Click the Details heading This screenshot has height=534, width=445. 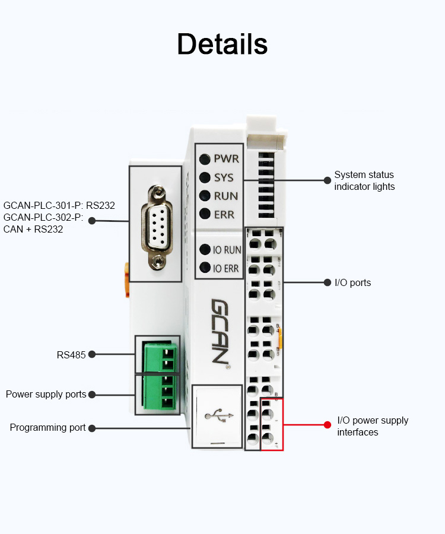click(222, 44)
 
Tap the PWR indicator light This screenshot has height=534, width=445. click(205, 159)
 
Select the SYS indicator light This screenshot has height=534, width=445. click(205, 177)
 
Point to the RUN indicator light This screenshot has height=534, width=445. click(205, 196)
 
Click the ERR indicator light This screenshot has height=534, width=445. click(205, 214)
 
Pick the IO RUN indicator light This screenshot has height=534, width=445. click(205, 250)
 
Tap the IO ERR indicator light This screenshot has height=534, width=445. click(205, 268)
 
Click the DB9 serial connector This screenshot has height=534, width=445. click(155, 224)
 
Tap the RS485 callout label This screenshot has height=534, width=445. click(71, 355)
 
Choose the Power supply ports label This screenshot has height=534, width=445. click(46, 395)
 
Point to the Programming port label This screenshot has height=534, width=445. click(47, 428)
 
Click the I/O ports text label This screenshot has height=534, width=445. click(353, 282)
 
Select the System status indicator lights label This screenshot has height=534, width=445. click(364, 180)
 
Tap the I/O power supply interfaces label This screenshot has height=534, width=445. click(373, 426)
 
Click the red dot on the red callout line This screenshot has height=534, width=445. click(326, 425)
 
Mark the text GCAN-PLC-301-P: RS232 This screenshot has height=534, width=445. click(59, 206)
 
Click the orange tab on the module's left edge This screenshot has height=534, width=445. click(126, 279)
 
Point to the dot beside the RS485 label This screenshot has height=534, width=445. click(92, 355)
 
